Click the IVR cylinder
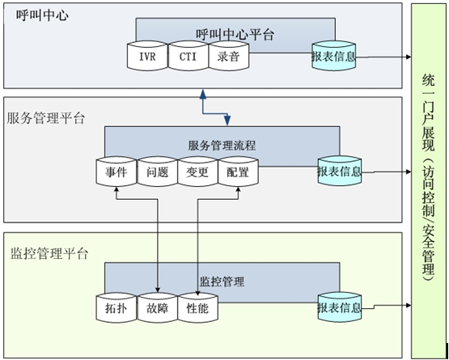coord(146,57)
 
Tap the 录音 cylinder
coord(228,57)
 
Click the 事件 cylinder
coord(116,172)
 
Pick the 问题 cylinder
coord(157,172)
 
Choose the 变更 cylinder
coord(197,172)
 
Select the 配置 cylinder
coord(238,172)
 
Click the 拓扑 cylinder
coord(116,308)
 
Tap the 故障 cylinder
coord(157,308)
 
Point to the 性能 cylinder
coord(197,308)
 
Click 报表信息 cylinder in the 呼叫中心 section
coord(333,57)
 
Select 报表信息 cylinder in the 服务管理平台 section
coord(339,172)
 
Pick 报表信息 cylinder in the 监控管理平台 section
coord(339,307)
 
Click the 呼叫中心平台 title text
coord(235,34)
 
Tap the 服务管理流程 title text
coord(222,146)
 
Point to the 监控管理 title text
coord(222,282)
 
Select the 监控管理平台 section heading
coord(46,253)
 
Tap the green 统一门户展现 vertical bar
coord(428,180)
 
